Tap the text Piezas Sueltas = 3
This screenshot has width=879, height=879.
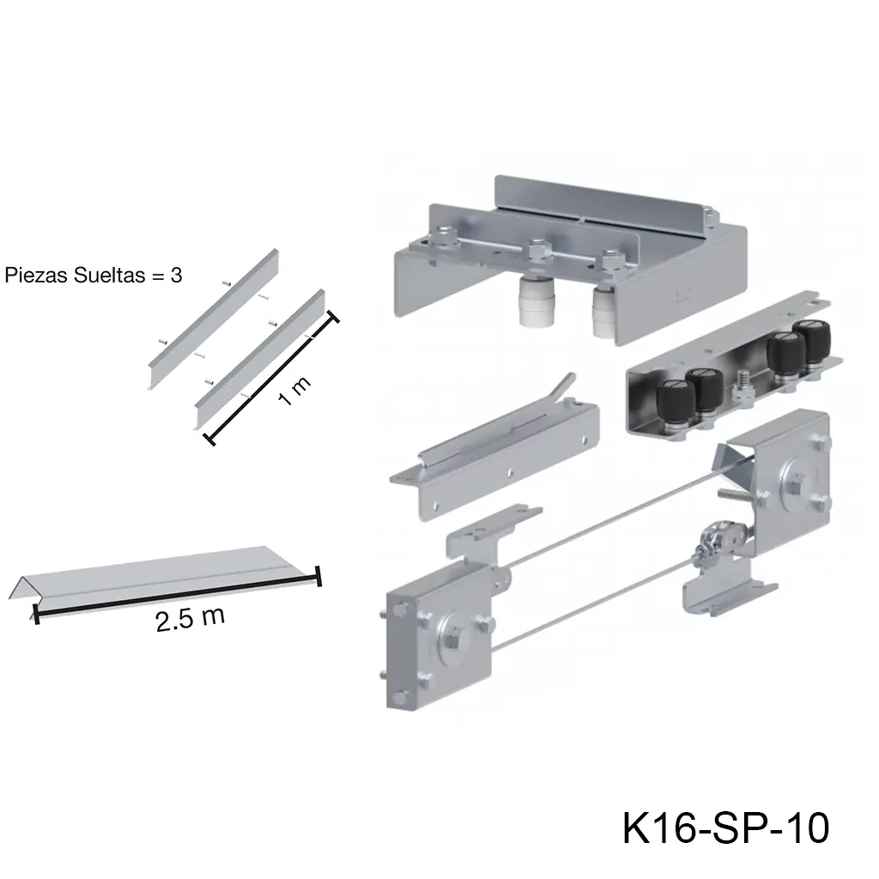[93, 276]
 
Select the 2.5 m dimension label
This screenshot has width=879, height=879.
[190, 619]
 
